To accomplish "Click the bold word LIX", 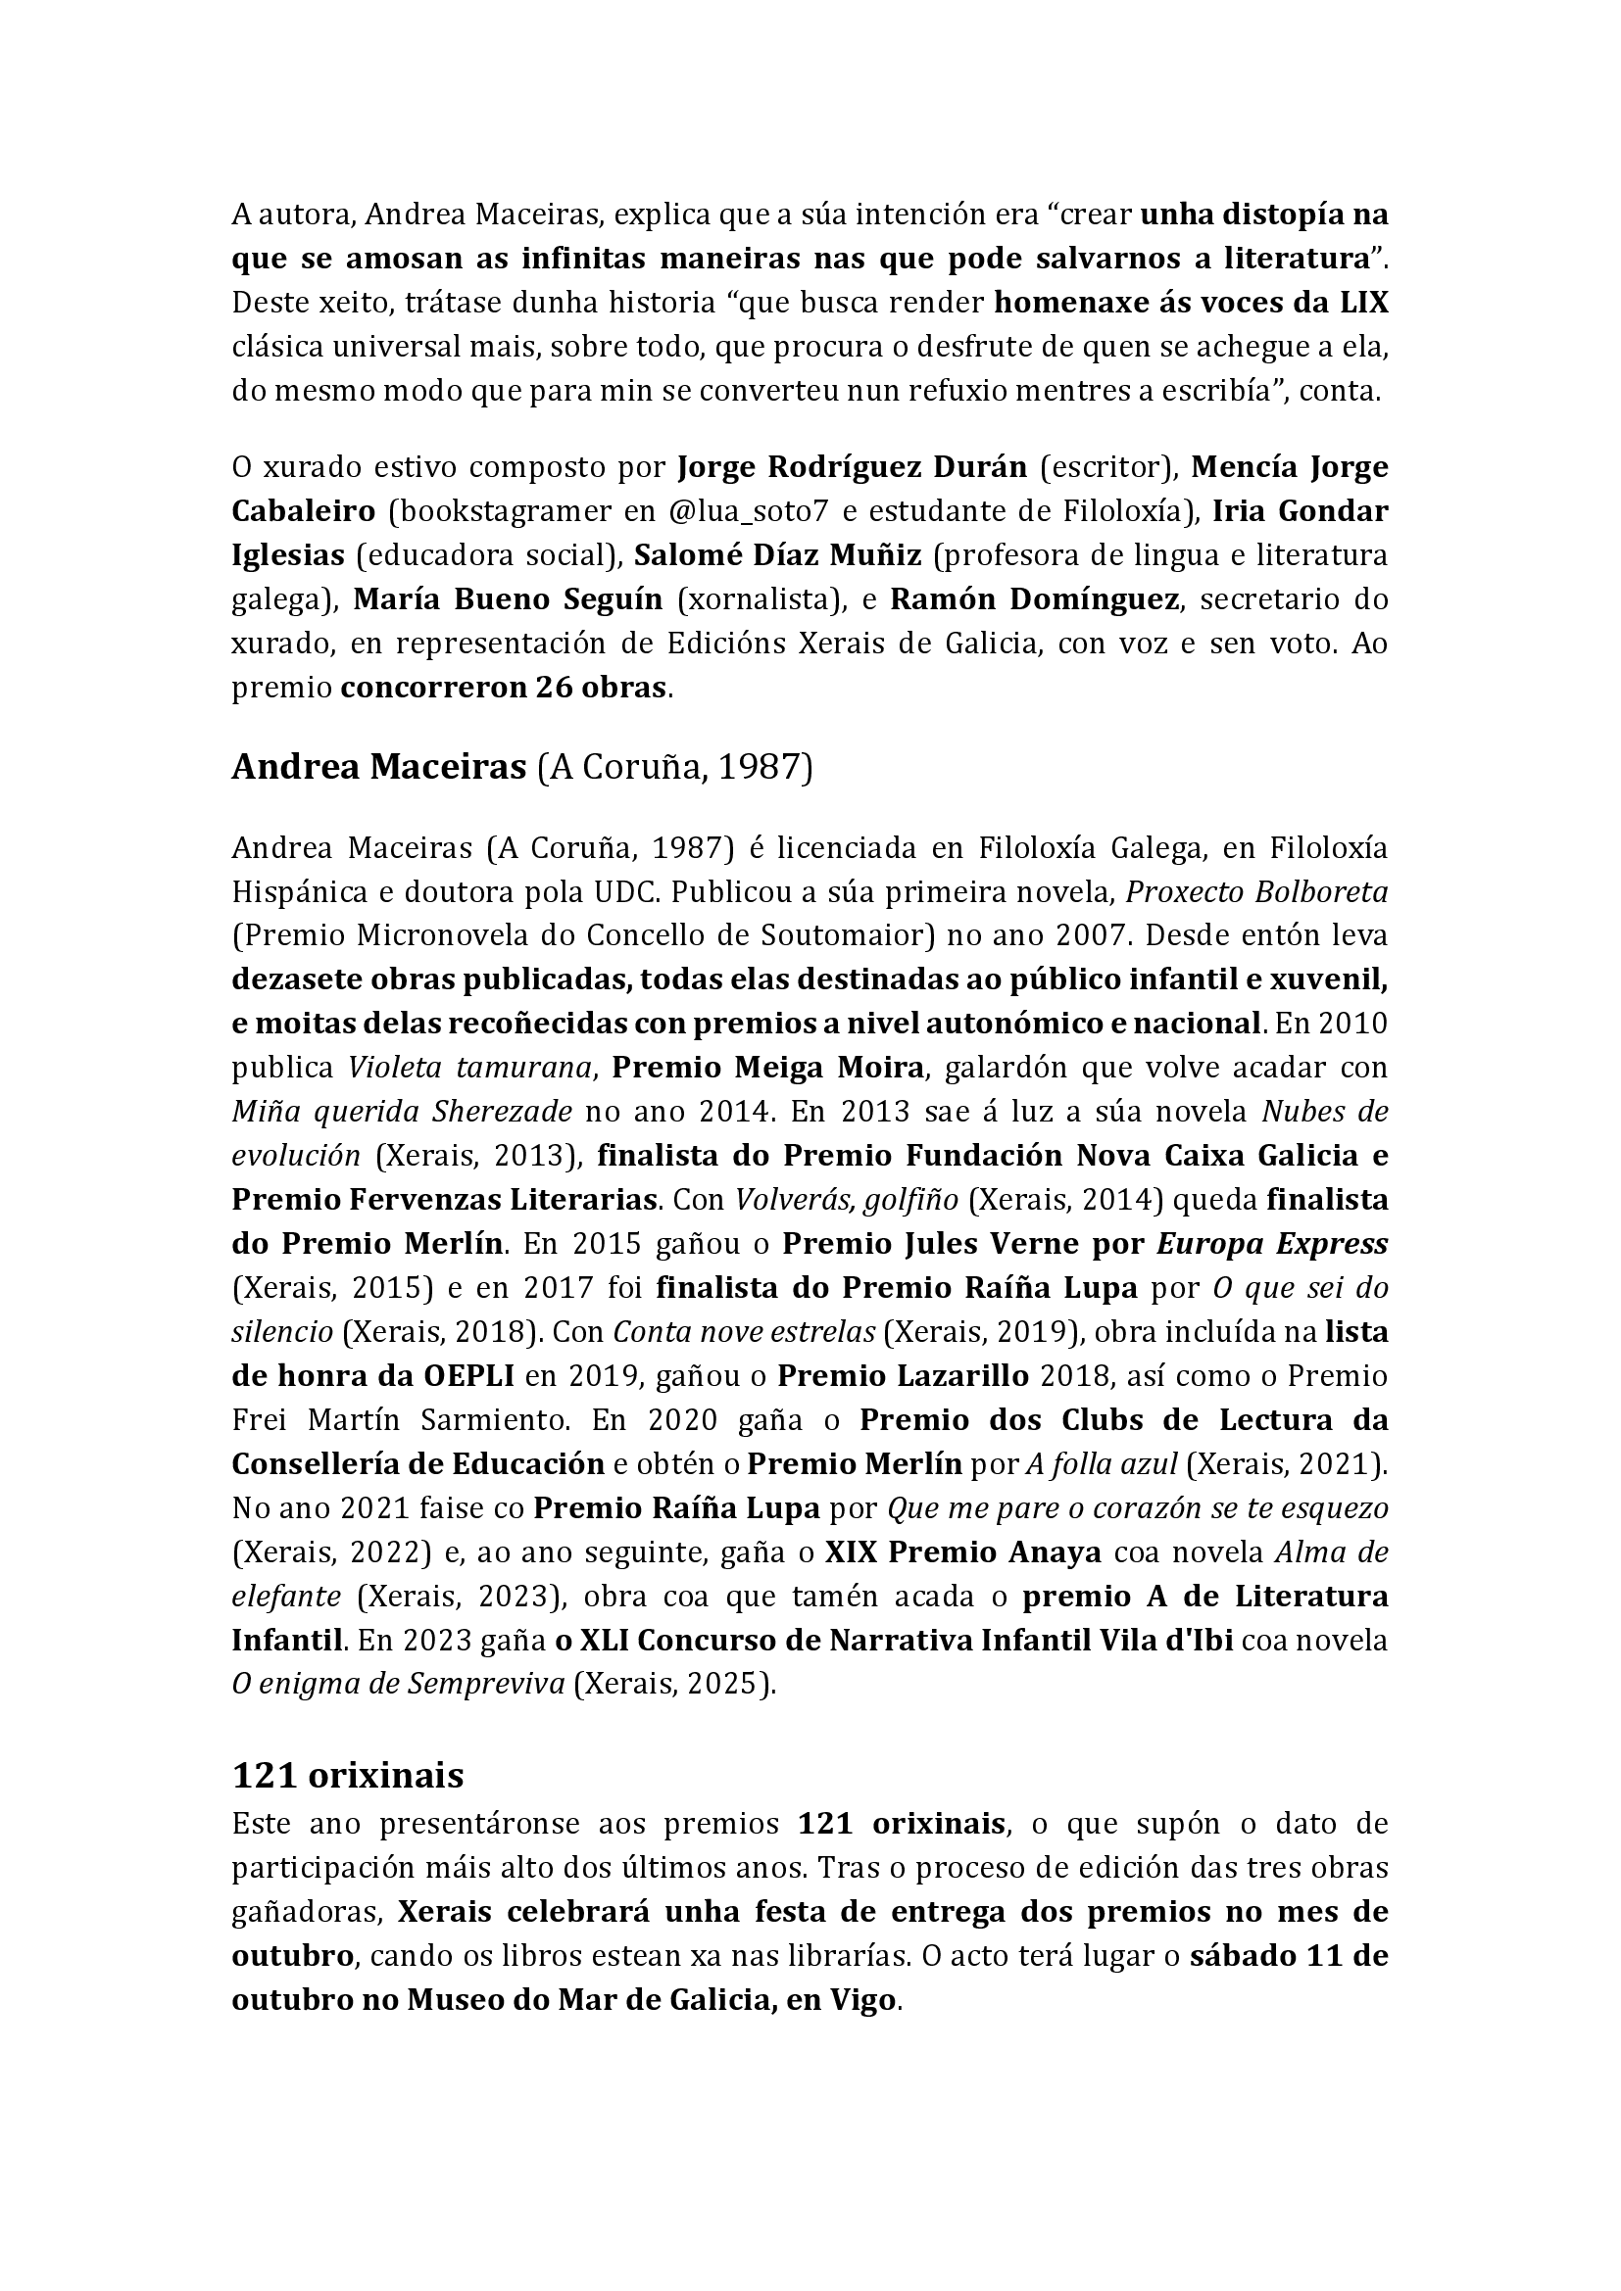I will [1360, 303].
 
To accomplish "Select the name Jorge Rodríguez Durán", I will [853, 467].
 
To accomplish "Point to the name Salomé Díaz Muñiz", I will [777, 554].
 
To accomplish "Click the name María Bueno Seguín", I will [508, 598].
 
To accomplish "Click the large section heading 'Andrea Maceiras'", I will [378, 766].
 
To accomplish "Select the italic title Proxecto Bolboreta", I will [1256, 891].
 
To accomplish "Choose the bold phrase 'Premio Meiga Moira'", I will [767, 1067].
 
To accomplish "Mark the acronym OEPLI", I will [455, 1375].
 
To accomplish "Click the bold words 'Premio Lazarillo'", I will [903, 1375].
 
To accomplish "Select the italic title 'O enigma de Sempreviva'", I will [399, 1685].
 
